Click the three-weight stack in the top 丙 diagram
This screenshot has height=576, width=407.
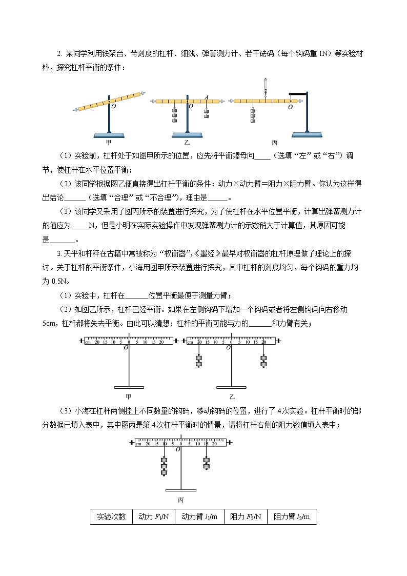(253, 115)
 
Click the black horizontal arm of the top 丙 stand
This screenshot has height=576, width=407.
(297, 93)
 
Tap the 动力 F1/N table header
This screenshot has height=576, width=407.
(153, 517)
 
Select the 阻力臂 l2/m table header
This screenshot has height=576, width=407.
(292, 517)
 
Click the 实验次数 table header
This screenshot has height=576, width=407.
(111, 517)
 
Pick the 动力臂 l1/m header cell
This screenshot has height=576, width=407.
(199, 517)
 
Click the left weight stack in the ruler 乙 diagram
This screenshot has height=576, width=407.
(198, 361)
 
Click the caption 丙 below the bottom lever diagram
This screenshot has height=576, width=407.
(180, 500)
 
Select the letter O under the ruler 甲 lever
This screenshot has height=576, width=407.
(126, 348)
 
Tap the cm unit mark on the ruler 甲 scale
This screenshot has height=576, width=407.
(88, 342)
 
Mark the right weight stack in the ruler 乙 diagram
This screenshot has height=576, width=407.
(263, 361)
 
